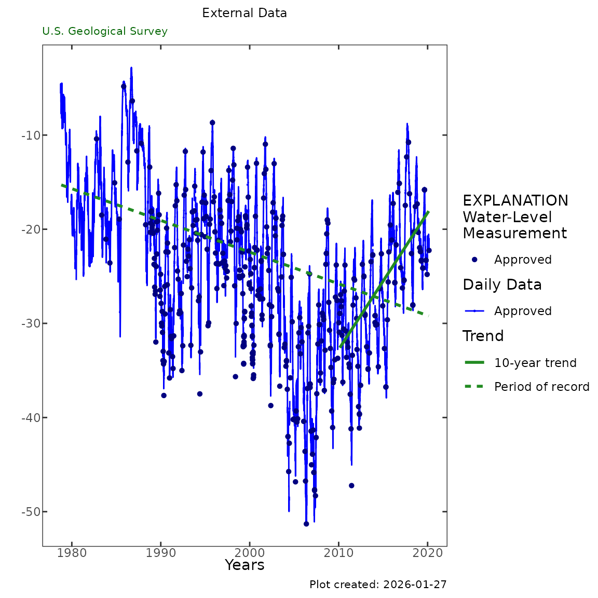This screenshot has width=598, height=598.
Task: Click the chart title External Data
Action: coord(244,13)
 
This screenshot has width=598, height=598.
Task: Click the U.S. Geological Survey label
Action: coord(105,31)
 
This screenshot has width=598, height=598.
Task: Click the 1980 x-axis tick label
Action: coord(71,553)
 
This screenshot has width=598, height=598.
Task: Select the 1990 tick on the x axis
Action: coord(161,553)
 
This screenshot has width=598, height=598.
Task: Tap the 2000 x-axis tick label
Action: coord(250,553)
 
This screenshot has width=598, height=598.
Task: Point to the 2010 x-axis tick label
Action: coord(339,553)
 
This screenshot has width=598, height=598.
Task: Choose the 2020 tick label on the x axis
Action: coord(428,553)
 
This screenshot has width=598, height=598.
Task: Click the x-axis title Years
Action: coord(244,565)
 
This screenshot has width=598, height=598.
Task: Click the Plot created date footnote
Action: coord(378,585)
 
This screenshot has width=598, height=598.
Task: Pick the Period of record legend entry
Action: coord(541,387)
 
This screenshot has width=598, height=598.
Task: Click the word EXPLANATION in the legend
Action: coord(515,201)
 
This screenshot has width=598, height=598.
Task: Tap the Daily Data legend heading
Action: coord(502,284)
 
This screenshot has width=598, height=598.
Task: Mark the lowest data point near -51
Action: coord(306,524)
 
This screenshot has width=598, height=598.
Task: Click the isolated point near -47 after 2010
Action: coord(351,485)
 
